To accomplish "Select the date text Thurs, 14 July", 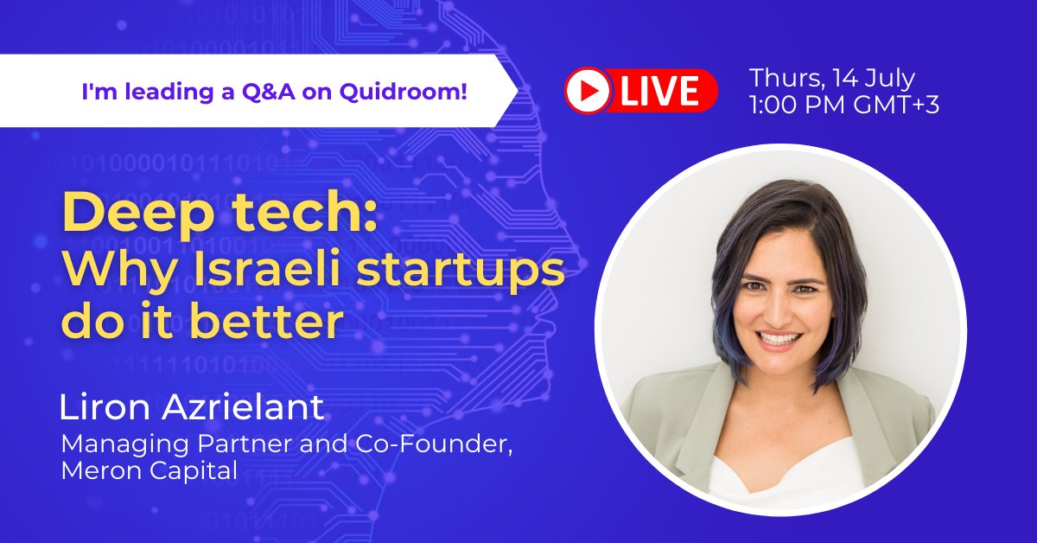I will tap(832, 78).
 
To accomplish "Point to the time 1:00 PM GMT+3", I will tap(844, 105).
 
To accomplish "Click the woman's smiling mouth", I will tap(781, 341).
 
